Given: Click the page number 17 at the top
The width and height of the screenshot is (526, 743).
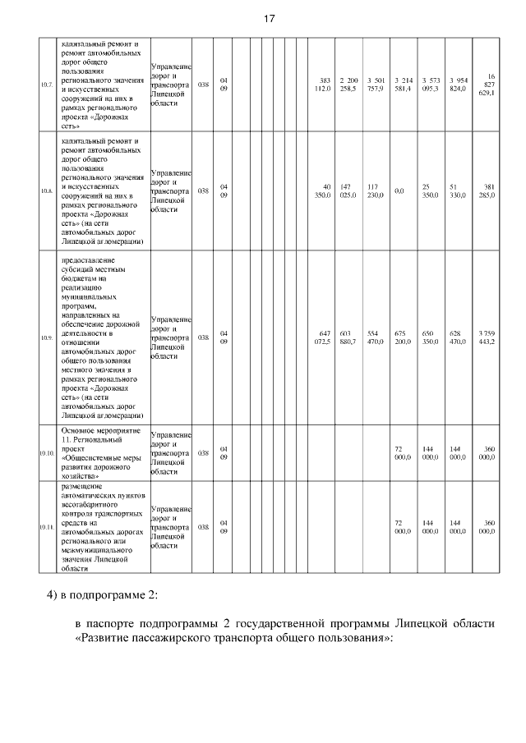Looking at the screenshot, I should click(269, 19).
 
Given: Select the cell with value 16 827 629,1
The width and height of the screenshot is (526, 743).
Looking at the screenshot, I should click(486, 84).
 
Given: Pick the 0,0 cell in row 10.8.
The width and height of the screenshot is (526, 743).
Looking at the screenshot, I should click(399, 190).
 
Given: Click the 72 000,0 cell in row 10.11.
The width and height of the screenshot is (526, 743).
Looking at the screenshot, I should click(399, 526).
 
